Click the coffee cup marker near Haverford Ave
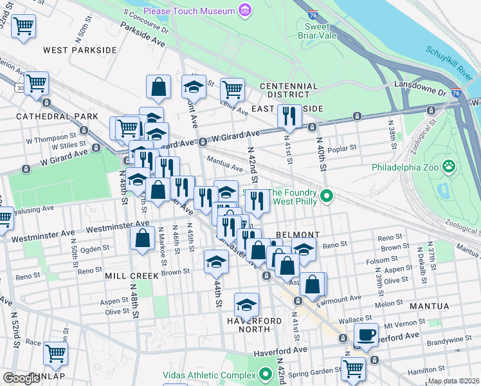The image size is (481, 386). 366,335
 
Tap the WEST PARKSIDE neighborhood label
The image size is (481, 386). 80,50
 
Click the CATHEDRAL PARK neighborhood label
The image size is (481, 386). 57,116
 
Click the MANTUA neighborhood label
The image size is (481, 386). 444,306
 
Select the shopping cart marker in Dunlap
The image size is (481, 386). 55,353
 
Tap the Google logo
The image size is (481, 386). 22,378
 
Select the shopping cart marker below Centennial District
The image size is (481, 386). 232,89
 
